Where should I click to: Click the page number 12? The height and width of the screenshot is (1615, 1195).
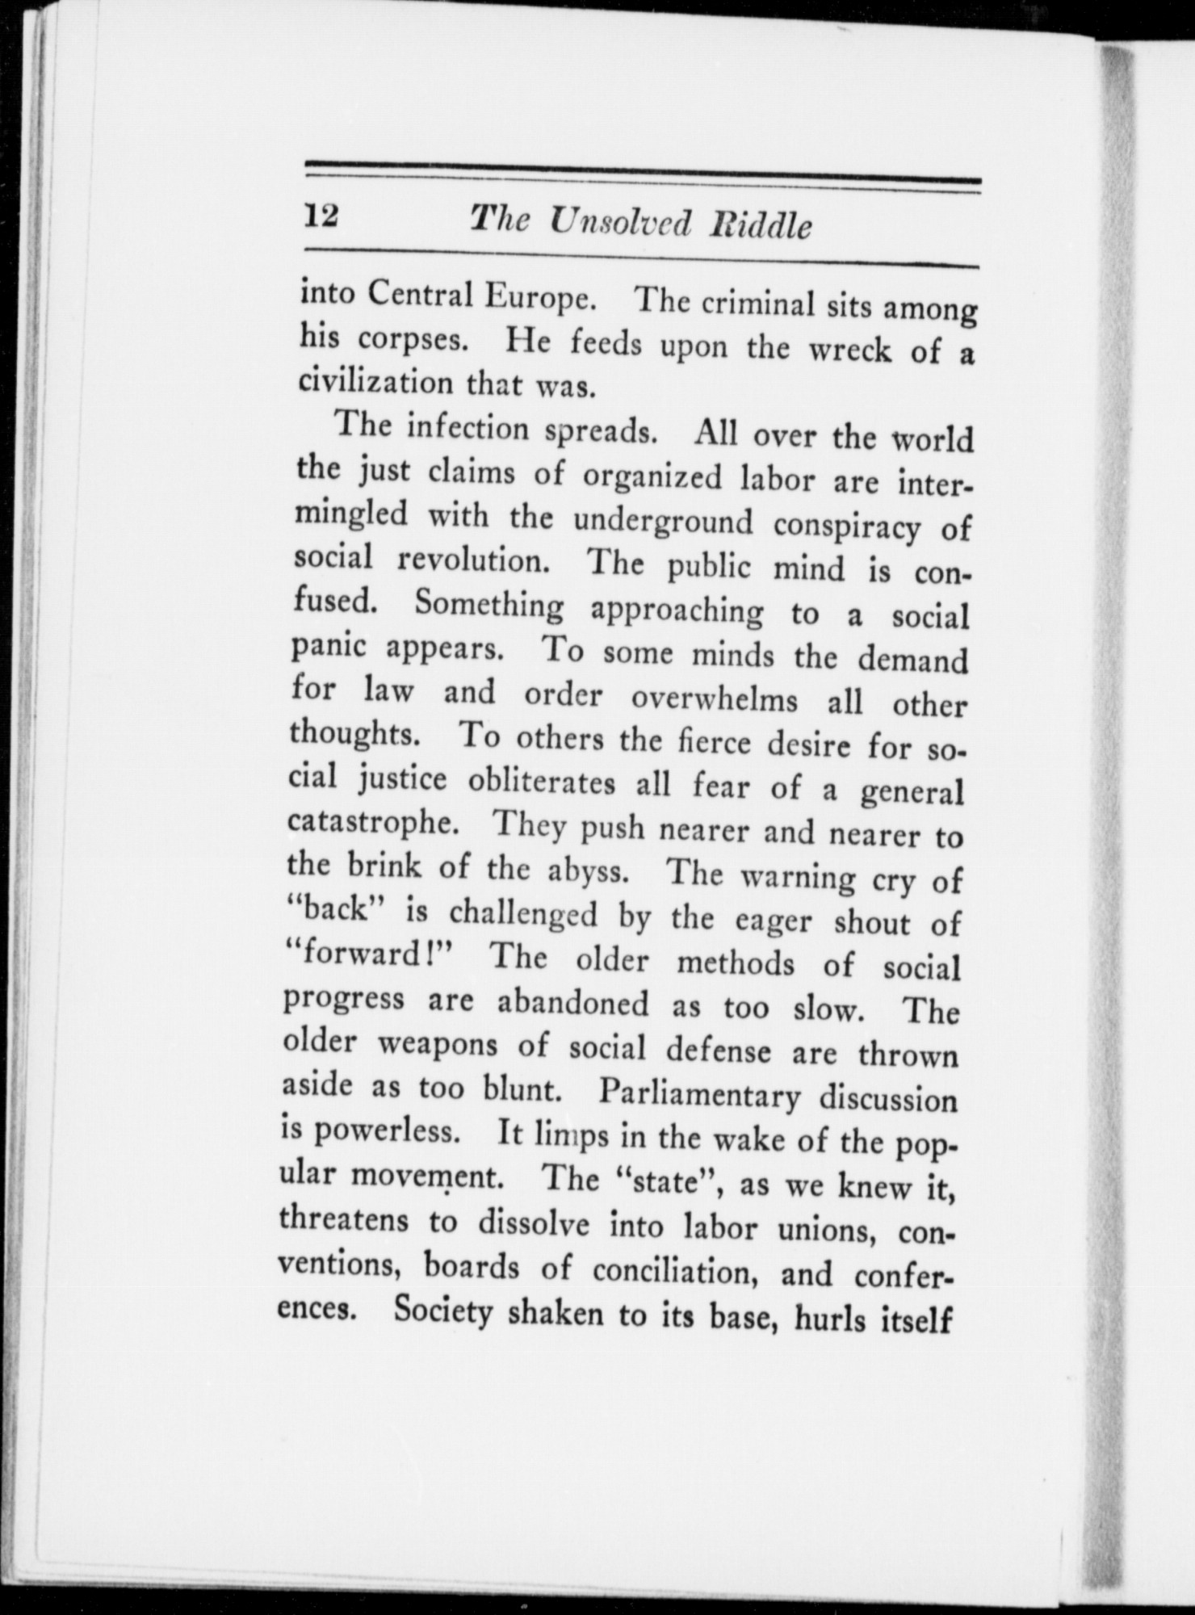click(x=321, y=216)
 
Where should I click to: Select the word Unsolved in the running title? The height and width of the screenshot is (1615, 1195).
click(x=619, y=223)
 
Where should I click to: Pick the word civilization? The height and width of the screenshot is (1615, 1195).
click(x=375, y=382)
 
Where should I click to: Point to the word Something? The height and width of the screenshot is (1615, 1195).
click(x=489, y=606)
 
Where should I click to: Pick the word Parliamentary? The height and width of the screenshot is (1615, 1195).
click(x=700, y=1094)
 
